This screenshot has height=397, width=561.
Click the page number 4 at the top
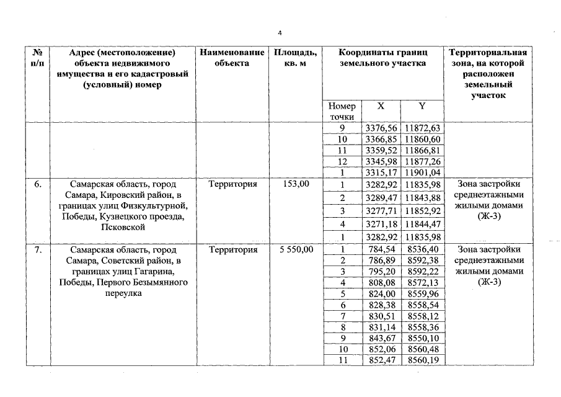click(x=280, y=32)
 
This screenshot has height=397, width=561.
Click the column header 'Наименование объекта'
click(x=232, y=58)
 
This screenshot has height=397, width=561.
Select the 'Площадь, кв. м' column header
click(x=295, y=58)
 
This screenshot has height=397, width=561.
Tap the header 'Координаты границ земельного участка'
click(x=382, y=58)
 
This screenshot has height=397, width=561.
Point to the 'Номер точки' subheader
click(x=342, y=111)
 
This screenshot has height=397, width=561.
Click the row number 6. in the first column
click(x=38, y=184)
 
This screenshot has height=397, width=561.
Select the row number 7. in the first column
click(x=38, y=250)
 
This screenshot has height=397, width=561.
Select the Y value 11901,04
click(x=422, y=172)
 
